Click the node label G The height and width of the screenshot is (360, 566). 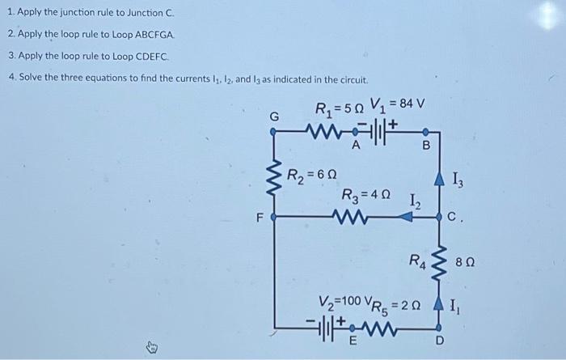point(274,116)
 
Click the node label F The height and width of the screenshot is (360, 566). point(260,217)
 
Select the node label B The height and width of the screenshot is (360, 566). point(428,146)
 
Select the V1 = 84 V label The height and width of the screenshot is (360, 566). point(398,104)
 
